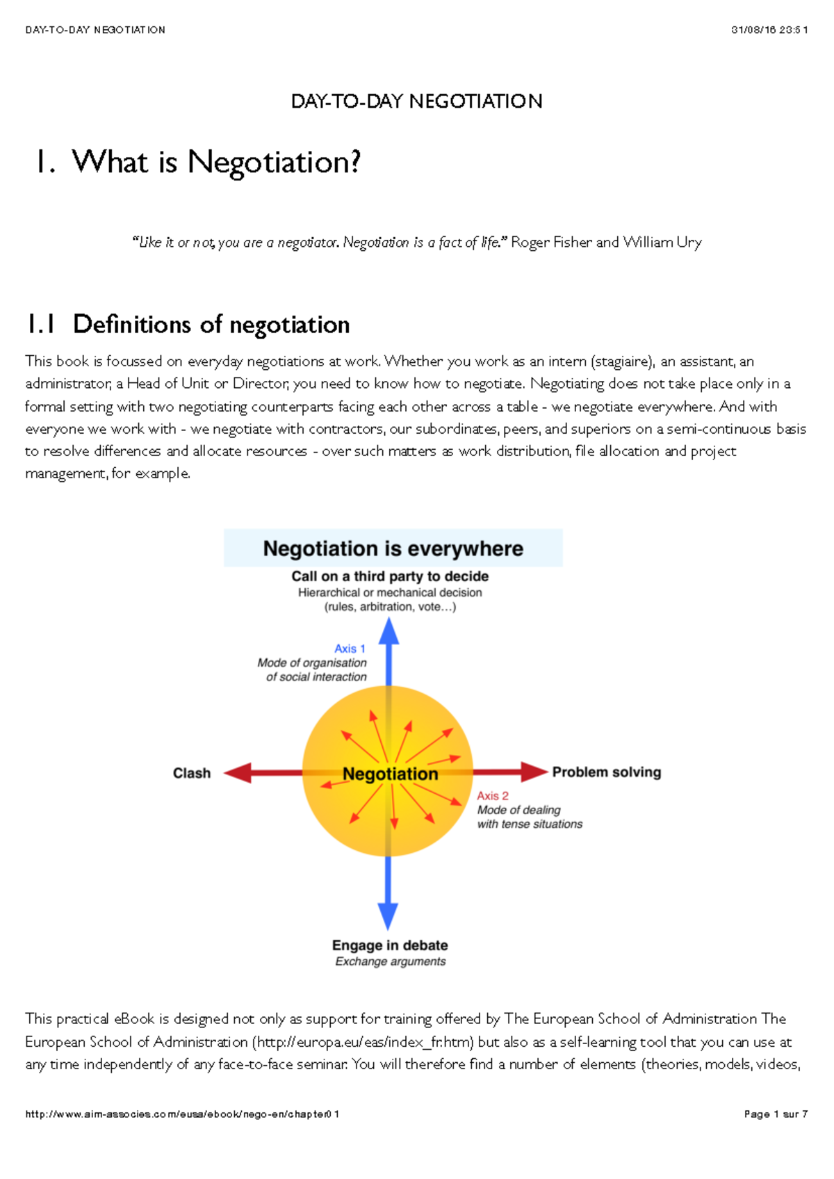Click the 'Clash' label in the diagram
point(192,773)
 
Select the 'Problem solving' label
point(606,772)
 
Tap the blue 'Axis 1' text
point(350,649)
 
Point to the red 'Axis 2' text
point(493,796)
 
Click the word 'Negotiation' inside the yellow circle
point(391,774)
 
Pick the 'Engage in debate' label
point(390,945)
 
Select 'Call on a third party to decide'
point(390,576)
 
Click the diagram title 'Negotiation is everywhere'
point(393,548)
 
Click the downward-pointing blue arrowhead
point(388,916)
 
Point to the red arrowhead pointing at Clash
point(238,773)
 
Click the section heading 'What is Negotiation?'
point(216,163)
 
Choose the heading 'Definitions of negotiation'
point(211,325)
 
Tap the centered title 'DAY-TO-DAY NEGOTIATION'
point(416,101)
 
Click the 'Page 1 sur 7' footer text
point(775,1114)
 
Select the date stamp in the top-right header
point(769,30)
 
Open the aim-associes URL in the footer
point(182,1114)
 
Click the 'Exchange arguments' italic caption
point(390,961)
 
